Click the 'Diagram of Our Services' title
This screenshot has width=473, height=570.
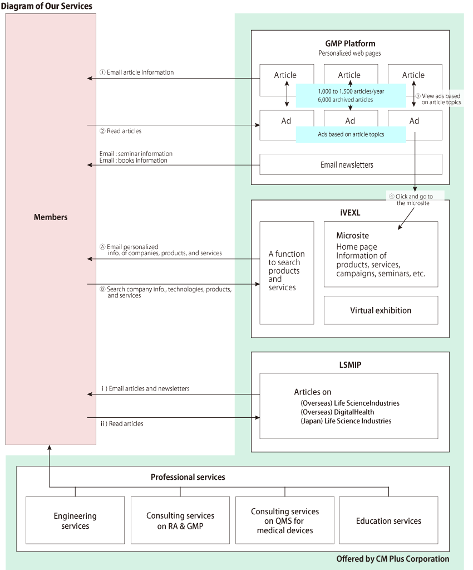coord(46,6)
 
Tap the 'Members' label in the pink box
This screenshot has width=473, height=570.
coord(51,217)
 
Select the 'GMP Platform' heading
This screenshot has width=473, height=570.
coord(350,43)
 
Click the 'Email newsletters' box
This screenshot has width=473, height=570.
coord(351,165)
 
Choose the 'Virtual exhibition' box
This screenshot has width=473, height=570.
coord(381,310)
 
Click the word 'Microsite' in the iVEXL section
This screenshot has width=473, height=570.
coord(352,236)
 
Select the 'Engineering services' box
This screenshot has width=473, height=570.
coord(75,521)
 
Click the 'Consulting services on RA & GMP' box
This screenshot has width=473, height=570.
coord(180,521)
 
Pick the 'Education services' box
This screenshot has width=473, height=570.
coord(388,521)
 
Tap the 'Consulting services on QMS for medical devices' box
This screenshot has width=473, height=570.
coord(285,521)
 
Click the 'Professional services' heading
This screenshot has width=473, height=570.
coord(188,478)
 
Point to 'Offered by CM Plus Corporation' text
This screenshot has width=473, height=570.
coord(393,559)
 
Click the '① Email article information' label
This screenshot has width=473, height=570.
coord(136,72)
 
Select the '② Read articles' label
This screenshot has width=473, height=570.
coord(120,131)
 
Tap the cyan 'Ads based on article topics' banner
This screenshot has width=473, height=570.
coord(351,134)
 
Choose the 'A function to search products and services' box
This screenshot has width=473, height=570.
coord(287,271)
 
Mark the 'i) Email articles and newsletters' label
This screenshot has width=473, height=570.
coord(145,388)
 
